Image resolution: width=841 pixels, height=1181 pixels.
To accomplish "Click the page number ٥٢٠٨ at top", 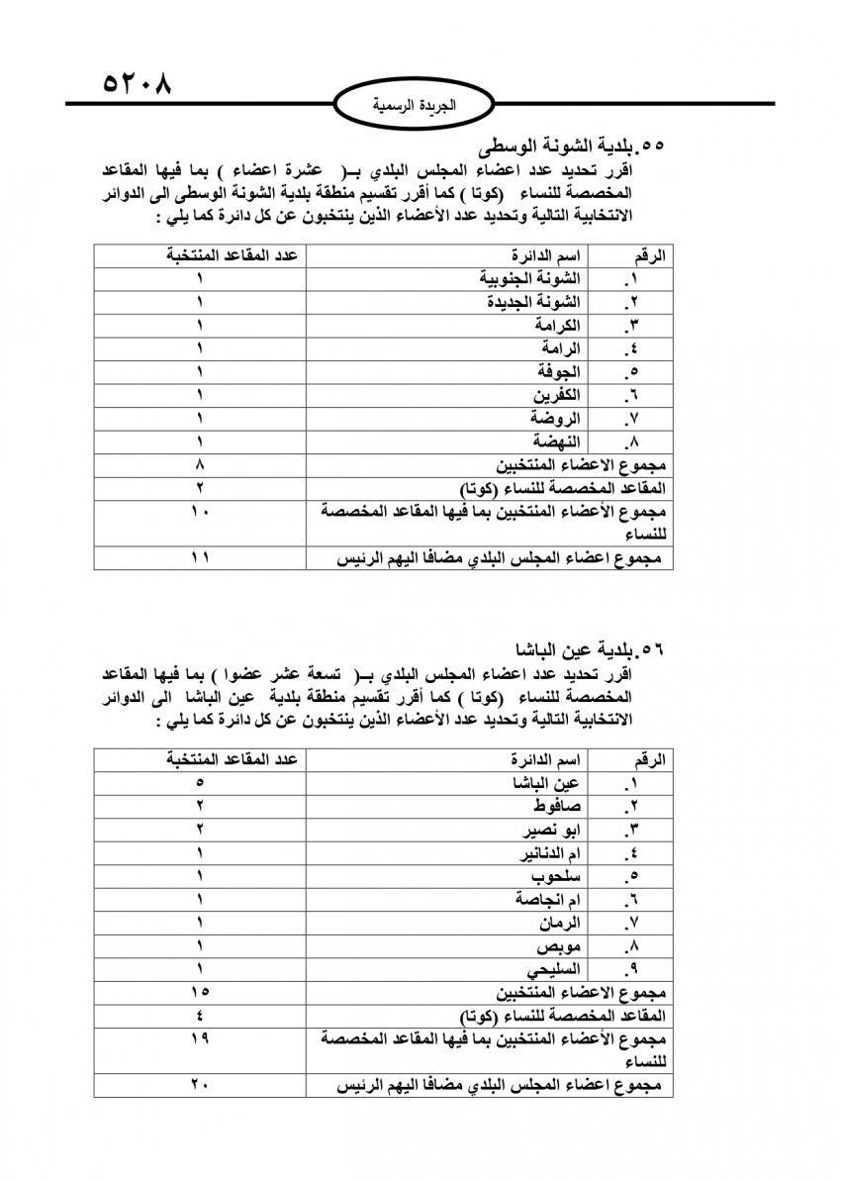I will (137, 82).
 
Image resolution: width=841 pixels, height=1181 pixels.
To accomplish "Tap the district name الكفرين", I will (557, 395).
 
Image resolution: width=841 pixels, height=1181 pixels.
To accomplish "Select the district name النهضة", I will (557, 442).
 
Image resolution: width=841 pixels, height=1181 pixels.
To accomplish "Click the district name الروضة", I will (557, 418).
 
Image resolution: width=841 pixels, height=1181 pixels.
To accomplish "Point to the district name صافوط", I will (554, 807).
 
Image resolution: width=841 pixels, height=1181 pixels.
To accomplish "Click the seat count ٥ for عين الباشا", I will (200, 784).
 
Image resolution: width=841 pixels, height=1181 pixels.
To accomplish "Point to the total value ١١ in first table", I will (200, 559).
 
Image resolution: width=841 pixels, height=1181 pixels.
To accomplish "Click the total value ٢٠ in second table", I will (200, 1086).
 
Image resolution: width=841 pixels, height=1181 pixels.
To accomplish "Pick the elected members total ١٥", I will (200, 991).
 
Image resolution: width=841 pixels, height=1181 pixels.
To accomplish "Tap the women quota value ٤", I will (200, 1015).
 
